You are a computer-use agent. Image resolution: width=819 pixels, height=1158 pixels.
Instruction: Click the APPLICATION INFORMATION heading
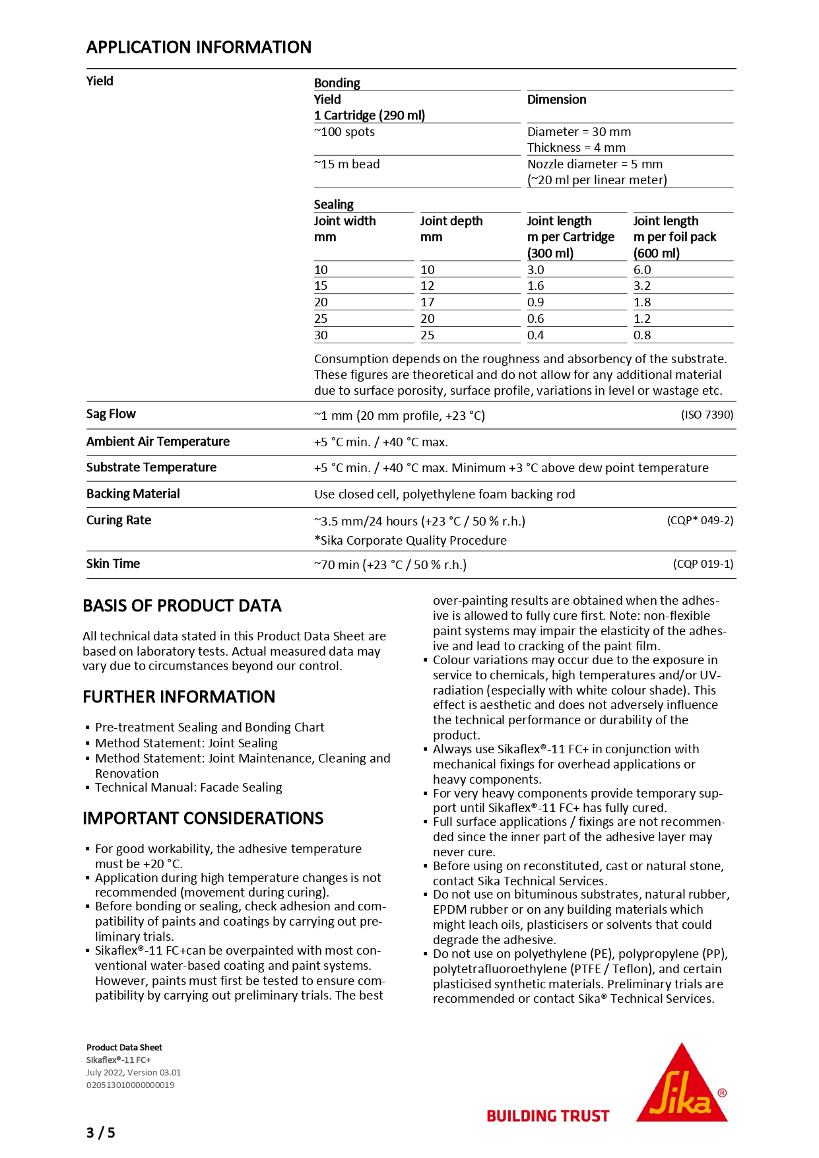[199, 48]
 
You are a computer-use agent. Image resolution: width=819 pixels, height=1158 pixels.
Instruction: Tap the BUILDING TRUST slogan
[548, 1116]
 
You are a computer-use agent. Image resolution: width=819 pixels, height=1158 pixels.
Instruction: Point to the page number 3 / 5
[100, 1133]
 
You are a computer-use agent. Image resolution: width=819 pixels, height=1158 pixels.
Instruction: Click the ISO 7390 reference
[707, 415]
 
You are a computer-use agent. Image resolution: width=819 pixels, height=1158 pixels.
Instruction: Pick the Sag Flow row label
[111, 414]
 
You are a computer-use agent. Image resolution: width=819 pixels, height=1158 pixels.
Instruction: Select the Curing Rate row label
[119, 520]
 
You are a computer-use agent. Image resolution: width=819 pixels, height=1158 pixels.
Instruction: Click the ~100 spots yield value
[344, 132]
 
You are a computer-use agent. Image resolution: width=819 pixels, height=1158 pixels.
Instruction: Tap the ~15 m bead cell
[347, 164]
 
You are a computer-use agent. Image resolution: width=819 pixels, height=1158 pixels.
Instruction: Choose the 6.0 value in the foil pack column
[642, 270]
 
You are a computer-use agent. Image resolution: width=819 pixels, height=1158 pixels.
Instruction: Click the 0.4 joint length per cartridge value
[535, 335]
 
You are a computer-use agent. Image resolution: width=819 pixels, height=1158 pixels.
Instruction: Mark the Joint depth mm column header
[451, 229]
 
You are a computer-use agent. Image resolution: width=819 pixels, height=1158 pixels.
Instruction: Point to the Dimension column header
[556, 100]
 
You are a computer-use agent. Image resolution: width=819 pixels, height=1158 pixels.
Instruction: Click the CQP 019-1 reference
[703, 564]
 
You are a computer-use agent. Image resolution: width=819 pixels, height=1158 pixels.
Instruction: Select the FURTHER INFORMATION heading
[179, 697]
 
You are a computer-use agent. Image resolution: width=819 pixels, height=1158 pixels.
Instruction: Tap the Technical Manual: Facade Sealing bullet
[188, 788]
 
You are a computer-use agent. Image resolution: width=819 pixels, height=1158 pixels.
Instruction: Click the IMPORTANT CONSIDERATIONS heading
[203, 819]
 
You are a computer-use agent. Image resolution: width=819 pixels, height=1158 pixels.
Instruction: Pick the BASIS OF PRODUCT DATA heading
[182, 606]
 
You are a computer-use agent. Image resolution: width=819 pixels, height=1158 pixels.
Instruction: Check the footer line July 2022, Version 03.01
[133, 1073]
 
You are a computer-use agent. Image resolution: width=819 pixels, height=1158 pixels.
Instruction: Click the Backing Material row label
[133, 494]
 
